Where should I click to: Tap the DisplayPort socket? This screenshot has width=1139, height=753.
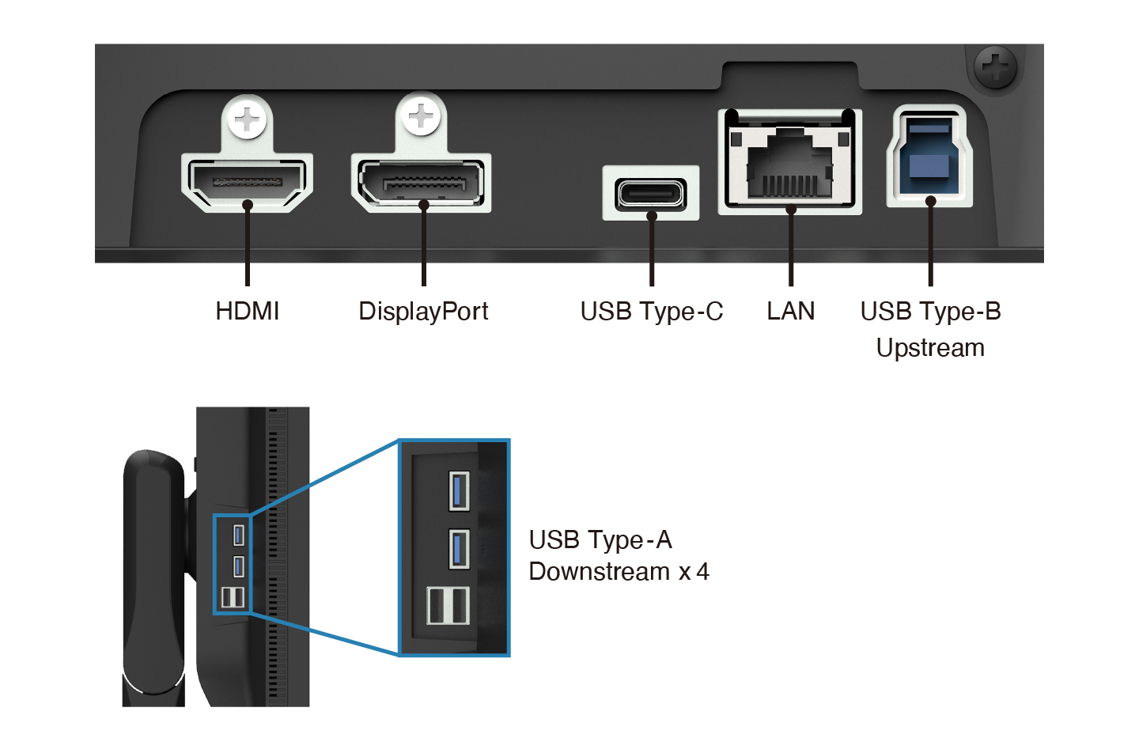pyautogui.click(x=421, y=181)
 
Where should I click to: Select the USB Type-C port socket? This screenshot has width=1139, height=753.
pyautogui.click(x=650, y=193)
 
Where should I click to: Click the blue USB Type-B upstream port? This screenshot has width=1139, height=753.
pyautogui.click(x=929, y=157)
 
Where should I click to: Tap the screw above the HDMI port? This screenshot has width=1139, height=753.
pyautogui.click(x=248, y=120)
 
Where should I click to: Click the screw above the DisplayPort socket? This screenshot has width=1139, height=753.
pyautogui.click(x=421, y=117)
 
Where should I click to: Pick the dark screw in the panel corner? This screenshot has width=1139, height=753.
pyautogui.click(x=995, y=66)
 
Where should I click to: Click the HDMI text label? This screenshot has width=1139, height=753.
pyautogui.click(x=248, y=311)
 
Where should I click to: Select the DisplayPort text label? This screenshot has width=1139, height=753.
pyautogui.click(x=423, y=311)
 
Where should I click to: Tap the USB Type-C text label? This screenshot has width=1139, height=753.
pyautogui.click(x=651, y=311)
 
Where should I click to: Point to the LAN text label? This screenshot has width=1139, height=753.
pyautogui.click(x=790, y=311)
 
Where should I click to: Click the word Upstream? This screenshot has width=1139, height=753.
pyautogui.click(x=930, y=348)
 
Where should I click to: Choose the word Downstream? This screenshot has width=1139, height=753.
pyautogui.click(x=599, y=571)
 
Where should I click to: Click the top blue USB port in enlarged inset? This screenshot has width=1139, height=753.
pyautogui.click(x=459, y=490)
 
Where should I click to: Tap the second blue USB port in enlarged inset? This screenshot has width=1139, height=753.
pyautogui.click(x=459, y=549)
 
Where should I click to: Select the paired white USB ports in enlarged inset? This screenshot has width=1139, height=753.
pyautogui.click(x=448, y=606)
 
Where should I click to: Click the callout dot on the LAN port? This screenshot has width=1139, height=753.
pyautogui.click(x=790, y=209)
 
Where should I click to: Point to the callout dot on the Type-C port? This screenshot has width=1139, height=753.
pyautogui.click(x=651, y=215)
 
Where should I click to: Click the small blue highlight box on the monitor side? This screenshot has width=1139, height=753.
pyautogui.click(x=232, y=563)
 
